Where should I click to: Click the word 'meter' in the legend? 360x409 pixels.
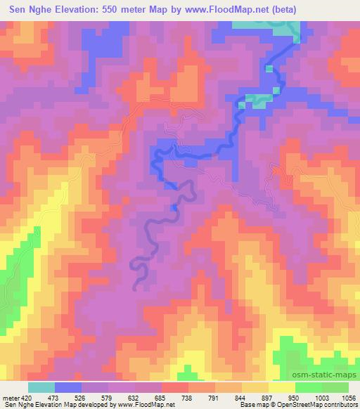(x=9, y=397)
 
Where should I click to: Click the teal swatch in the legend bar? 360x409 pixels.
(x=41, y=387)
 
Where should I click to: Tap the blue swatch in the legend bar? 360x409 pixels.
(x=68, y=387)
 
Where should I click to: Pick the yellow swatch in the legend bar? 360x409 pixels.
(x=282, y=387)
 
